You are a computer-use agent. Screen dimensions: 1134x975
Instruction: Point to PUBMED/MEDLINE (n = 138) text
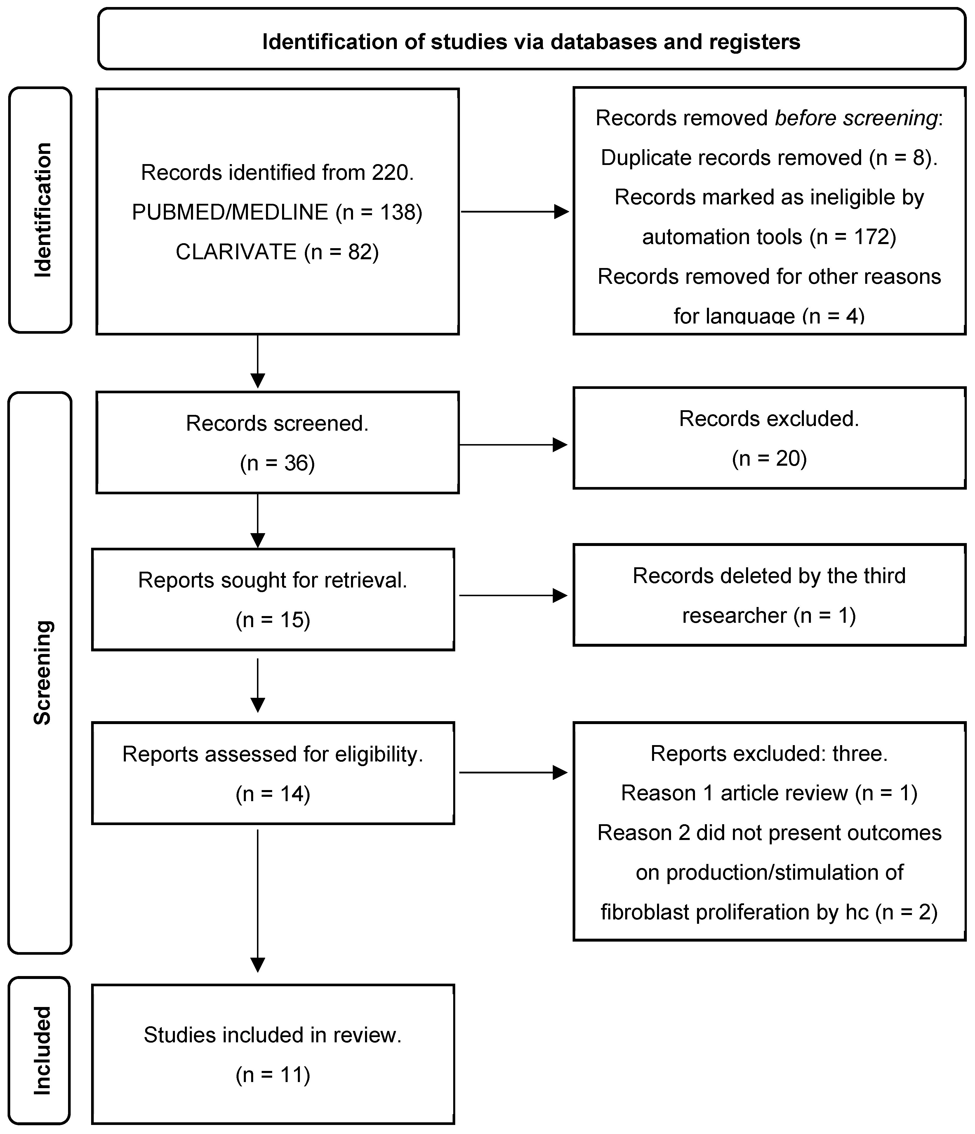tap(277, 212)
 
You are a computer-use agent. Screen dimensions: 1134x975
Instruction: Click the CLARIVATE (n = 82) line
tap(277, 252)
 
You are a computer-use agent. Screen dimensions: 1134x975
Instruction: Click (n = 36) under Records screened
tap(277, 463)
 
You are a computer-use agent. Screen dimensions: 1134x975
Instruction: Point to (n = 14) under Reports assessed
tap(273, 794)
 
